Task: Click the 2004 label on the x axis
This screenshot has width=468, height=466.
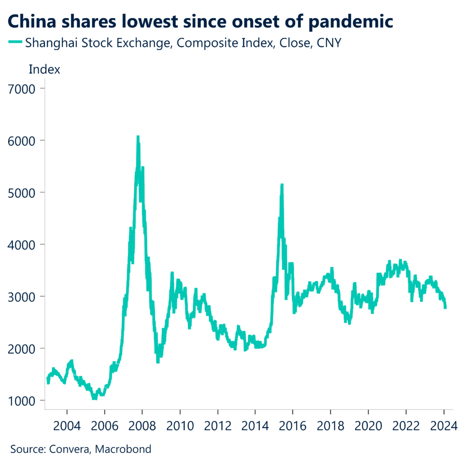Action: coord(67,426)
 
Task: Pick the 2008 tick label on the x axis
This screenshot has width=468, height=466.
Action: coord(142,426)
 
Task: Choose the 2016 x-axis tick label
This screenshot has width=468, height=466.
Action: coord(293,426)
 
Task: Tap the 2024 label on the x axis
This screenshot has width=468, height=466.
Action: coord(444,426)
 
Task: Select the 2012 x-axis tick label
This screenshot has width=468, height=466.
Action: coord(218,426)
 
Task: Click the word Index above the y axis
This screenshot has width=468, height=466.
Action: coord(44,70)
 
